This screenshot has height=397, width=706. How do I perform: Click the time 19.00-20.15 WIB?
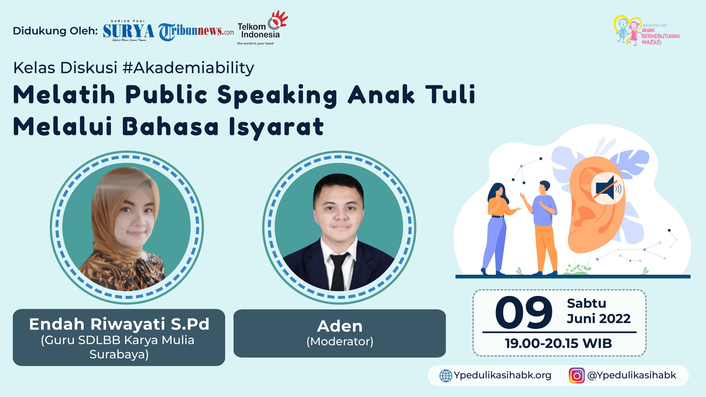pos(559,343)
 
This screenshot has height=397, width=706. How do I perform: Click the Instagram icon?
pos(577,375)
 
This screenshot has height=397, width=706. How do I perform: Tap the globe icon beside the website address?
pos(446,376)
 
